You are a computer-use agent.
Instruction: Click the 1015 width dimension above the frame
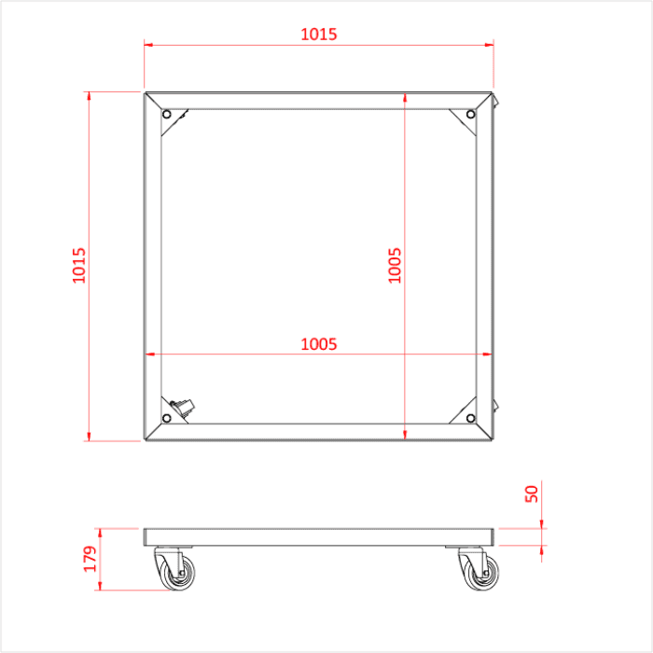(318, 35)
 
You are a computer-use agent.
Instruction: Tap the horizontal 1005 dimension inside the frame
(318, 343)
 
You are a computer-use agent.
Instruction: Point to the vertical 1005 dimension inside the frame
(395, 265)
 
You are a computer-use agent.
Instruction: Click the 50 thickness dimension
(532, 493)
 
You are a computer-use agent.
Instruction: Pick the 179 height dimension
(90, 559)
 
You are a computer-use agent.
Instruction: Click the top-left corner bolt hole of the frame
(167, 115)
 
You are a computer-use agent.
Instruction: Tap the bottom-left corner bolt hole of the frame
(167, 417)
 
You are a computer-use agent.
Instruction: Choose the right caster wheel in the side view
(479, 571)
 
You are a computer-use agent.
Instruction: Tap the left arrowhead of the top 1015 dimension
(148, 43)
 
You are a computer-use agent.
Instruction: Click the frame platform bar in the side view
(318, 537)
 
